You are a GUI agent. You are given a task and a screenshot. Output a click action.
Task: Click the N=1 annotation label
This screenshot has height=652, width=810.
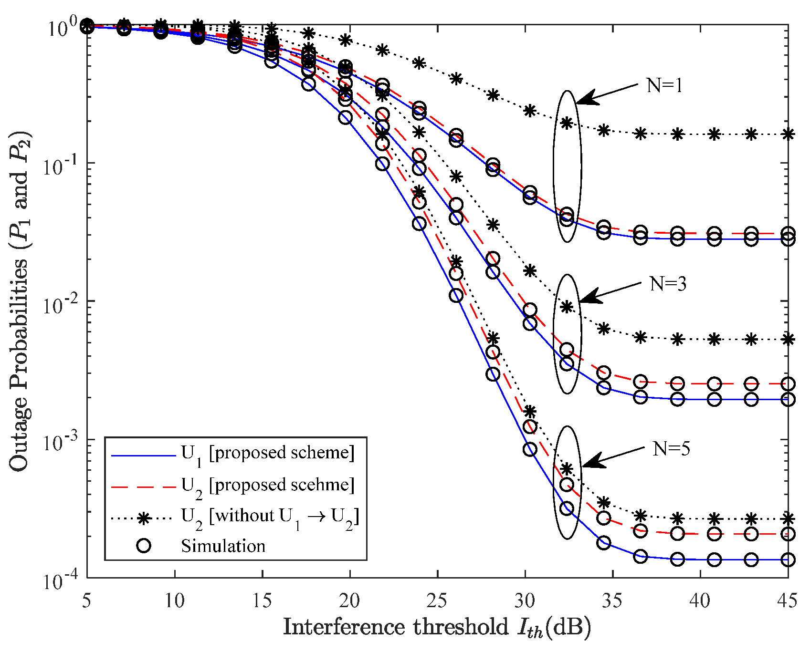(x=664, y=86)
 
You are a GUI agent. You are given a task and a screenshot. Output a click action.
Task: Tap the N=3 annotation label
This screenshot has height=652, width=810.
(x=668, y=284)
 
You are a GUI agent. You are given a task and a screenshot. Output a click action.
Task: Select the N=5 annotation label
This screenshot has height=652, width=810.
(x=671, y=449)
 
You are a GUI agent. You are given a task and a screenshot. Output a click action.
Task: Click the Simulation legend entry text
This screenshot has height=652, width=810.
(x=223, y=546)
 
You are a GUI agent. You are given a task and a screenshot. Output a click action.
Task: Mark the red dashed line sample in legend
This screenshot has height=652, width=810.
(x=143, y=487)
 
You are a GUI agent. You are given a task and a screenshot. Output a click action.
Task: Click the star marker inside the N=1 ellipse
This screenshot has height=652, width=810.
(x=567, y=124)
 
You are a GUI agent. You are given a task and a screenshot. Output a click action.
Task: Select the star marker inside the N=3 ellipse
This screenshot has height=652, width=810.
(x=567, y=307)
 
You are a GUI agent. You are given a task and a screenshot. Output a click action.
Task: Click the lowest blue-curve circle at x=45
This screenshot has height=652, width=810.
(x=788, y=560)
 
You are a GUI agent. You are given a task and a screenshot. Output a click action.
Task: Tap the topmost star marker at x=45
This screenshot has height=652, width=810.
(x=788, y=135)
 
